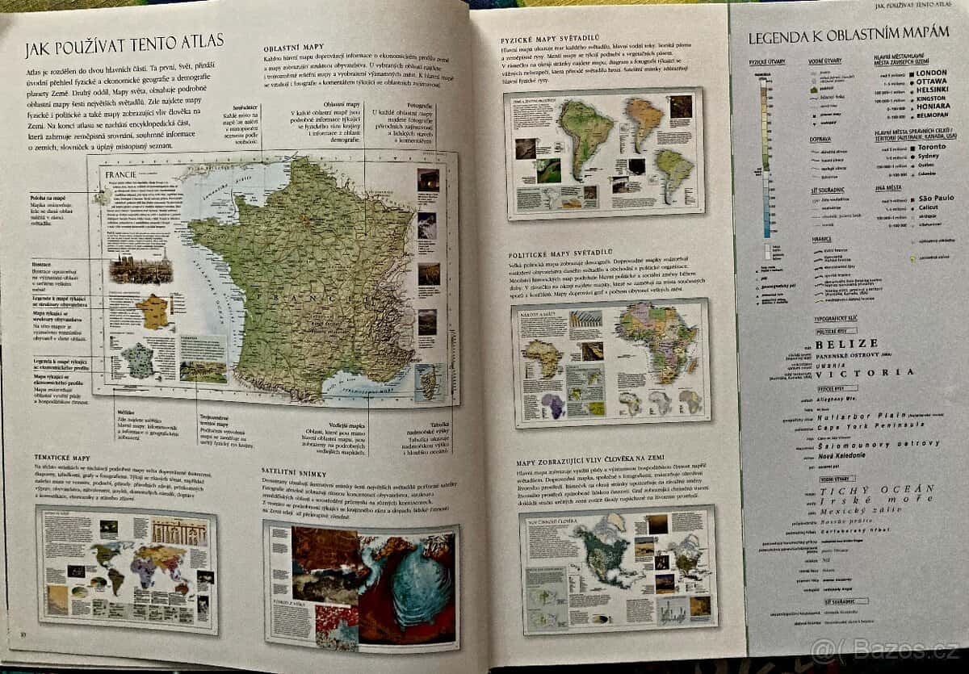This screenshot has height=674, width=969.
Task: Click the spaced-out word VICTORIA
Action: tap(865, 372)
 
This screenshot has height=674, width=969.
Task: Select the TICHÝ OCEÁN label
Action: tap(876, 489)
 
